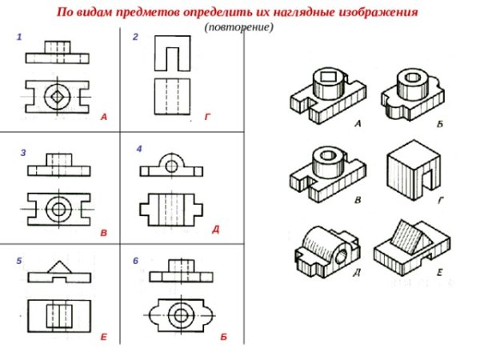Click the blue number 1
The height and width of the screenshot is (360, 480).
pos(19,38)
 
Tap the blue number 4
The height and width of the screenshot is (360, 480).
pos(139,149)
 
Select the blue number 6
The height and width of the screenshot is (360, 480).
pos(136,261)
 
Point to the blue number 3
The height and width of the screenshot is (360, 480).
pos(23,153)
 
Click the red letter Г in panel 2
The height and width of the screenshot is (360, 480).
pos(208,117)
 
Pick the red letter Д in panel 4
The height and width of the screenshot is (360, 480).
pos(216,230)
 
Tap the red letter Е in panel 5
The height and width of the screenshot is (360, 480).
pos(104,337)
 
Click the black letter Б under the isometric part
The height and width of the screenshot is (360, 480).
pos(440,124)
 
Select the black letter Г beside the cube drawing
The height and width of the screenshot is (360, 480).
pos(441,201)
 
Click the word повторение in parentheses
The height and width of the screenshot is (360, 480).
pos(239,27)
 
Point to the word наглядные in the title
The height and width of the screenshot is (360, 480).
pos(303,12)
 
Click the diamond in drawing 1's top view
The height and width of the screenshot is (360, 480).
pos(58,97)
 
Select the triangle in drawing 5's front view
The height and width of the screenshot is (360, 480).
pos(59,267)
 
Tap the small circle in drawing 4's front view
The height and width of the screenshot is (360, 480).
pos(171,167)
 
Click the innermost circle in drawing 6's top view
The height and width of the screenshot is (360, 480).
pos(181,315)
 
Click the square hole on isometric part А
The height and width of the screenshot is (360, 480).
pos(329,76)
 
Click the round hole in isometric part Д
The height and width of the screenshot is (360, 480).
pos(342,256)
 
